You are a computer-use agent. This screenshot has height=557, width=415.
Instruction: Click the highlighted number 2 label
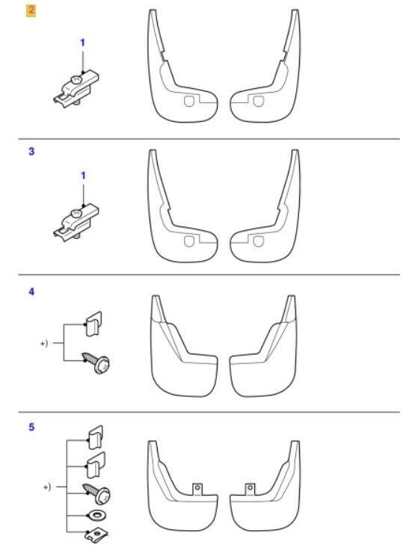[31, 10]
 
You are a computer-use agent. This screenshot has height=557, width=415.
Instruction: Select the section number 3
[31, 151]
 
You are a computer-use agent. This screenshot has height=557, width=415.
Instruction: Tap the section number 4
[31, 292]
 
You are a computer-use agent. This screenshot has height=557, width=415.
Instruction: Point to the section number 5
[31, 427]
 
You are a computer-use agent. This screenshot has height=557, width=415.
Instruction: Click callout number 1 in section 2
[82, 43]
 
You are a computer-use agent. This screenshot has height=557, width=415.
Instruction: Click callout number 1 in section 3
[83, 176]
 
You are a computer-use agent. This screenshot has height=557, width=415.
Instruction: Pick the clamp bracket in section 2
[76, 88]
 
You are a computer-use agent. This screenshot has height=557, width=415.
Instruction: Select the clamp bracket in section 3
[76, 222]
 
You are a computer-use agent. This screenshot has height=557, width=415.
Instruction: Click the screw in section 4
[96, 362]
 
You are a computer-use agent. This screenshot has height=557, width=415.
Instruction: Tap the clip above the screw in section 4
[93, 323]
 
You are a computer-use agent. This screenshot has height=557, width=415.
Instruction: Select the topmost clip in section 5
[95, 437]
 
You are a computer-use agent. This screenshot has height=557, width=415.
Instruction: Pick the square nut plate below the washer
[97, 535]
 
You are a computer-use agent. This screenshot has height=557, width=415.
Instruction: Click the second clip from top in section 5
[96, 464]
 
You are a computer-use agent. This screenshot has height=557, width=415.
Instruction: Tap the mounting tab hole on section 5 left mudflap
[197, 487]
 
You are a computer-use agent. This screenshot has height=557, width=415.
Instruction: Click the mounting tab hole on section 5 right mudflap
[250, 487]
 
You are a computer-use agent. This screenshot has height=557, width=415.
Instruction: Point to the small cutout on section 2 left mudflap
[189, 101]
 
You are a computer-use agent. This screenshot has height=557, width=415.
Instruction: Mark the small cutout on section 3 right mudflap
[258, 241]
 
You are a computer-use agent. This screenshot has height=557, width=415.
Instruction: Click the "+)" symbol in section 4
[44, 343]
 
